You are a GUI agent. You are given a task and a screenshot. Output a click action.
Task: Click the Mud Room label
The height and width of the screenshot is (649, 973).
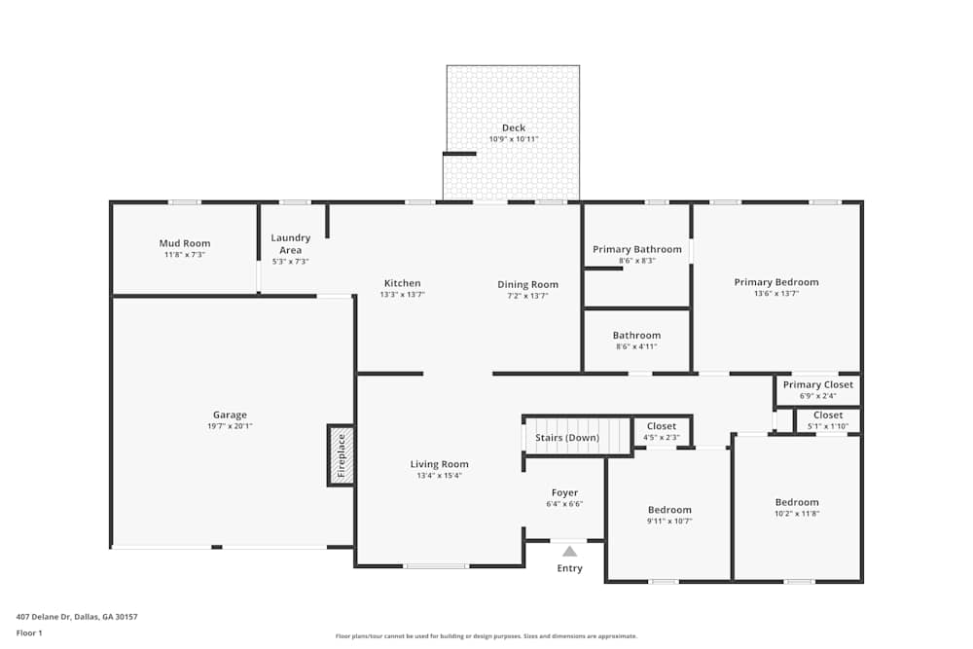(185, 243)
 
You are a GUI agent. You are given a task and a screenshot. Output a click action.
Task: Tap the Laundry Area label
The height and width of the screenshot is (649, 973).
(290, 243)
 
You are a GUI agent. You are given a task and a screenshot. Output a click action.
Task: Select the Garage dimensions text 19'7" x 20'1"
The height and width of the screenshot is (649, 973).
(231, 426)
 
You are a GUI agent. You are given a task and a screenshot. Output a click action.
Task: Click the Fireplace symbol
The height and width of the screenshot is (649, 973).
(341, 454)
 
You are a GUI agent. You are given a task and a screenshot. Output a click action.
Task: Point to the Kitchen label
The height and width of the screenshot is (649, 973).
(402, 283)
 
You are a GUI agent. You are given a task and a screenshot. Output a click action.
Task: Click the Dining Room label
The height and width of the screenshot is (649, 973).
(527, 284)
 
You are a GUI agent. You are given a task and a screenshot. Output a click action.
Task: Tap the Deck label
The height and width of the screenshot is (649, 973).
(513, 127)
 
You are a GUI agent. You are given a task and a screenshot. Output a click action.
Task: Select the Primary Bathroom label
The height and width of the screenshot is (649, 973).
(637, 249)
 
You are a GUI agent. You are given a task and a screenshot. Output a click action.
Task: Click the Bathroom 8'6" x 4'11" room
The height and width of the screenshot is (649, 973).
(637, 340)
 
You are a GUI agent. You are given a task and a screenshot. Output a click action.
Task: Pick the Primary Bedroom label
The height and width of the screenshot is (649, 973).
(775, 282)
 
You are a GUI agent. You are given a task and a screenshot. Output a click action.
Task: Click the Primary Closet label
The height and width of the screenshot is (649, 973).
(817, 384)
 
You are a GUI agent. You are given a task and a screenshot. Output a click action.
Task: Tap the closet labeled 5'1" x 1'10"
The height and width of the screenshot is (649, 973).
(827, 420)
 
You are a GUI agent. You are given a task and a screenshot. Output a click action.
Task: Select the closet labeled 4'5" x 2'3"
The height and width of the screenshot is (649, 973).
(662, 431)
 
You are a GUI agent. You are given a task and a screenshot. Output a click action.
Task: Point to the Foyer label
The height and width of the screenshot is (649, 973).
(564, 493)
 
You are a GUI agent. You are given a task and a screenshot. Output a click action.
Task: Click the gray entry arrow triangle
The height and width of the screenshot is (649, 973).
(569, 551)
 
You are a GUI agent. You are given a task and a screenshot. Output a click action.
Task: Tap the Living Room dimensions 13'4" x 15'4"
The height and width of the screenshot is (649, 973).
(439, 476)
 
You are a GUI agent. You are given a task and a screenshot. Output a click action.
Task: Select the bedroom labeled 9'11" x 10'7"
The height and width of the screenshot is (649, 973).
(669, 515)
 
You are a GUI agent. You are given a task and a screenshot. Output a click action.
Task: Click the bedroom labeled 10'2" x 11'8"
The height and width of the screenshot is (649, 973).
(797, 507)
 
